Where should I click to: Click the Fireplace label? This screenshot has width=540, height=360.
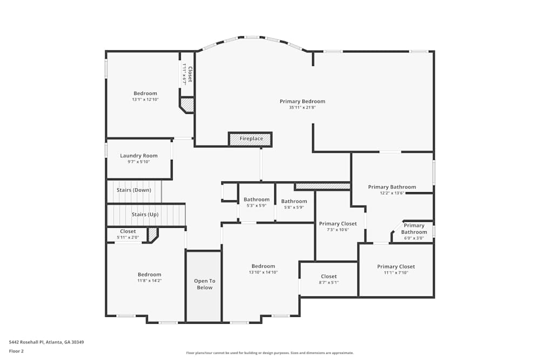click(251, 139)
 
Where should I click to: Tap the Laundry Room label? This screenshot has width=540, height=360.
click(139, 156)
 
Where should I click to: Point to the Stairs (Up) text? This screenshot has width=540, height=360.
click(145, 214)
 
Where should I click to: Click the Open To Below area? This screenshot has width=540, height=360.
click(205, 284)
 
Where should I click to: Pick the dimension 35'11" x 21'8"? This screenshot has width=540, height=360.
click(302, 107)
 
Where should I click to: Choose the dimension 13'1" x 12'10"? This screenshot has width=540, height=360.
click(145, 99)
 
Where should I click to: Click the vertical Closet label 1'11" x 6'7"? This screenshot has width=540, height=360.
click(187, 74)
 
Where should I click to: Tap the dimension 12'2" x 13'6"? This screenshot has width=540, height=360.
click(392, 193)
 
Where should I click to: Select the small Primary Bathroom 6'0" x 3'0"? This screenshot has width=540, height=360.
click(414, 232)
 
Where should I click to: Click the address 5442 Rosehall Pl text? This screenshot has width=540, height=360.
click(46, 342)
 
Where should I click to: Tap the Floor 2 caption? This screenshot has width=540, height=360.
click(16, 351)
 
